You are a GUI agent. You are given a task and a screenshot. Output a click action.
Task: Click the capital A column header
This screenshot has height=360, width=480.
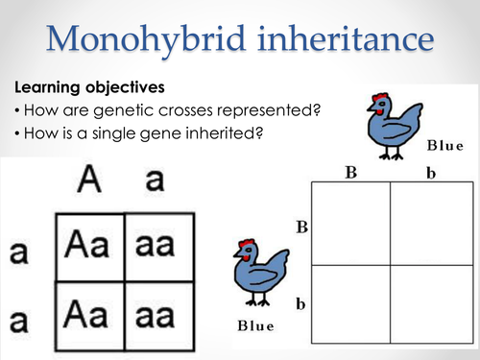[91, 180]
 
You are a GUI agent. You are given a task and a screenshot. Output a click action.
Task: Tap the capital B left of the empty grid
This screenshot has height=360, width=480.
[300, 228]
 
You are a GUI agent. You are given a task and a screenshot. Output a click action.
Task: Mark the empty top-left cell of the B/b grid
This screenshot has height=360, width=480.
[351, 223]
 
